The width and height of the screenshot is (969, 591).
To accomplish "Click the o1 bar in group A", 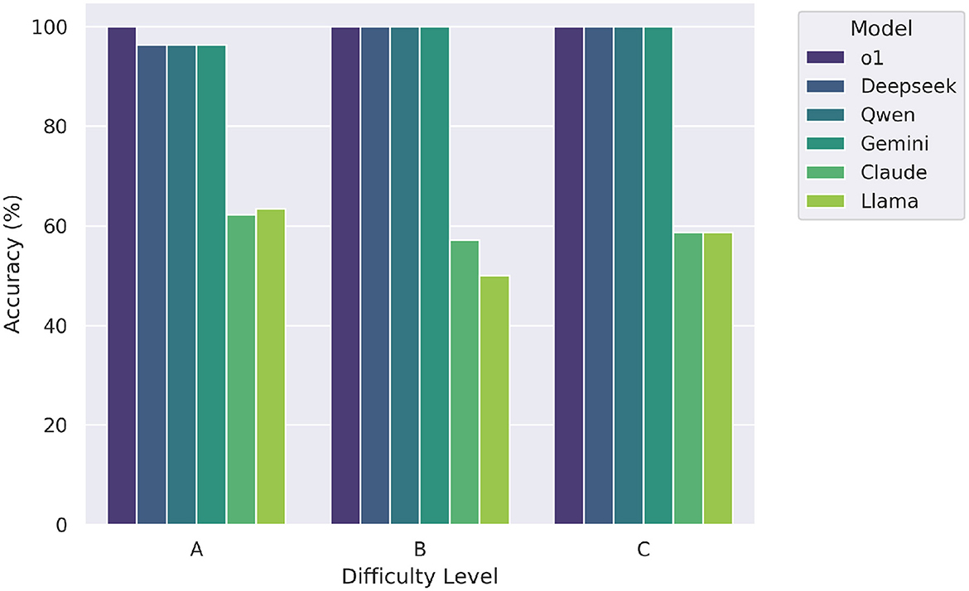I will pyautogui.click(x=122, y=276).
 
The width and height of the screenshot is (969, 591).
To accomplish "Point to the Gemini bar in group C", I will pyautogui.click(x=658, y=276).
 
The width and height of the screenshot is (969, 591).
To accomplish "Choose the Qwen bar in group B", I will pyautogui.click(x=405, y=276).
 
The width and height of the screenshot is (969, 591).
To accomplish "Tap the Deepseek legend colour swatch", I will pyautogui.click(x=826, y=87).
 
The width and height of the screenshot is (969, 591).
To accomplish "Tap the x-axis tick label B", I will pyautogui.click(x=420, y=550).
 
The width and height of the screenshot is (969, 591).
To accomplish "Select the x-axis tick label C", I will pyautogui.click(x=644, y=550).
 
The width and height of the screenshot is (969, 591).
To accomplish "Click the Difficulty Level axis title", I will pyautogui.click(x=420, y=575).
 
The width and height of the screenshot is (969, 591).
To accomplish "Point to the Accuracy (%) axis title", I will pyautogui.click(x=13, y=276).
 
